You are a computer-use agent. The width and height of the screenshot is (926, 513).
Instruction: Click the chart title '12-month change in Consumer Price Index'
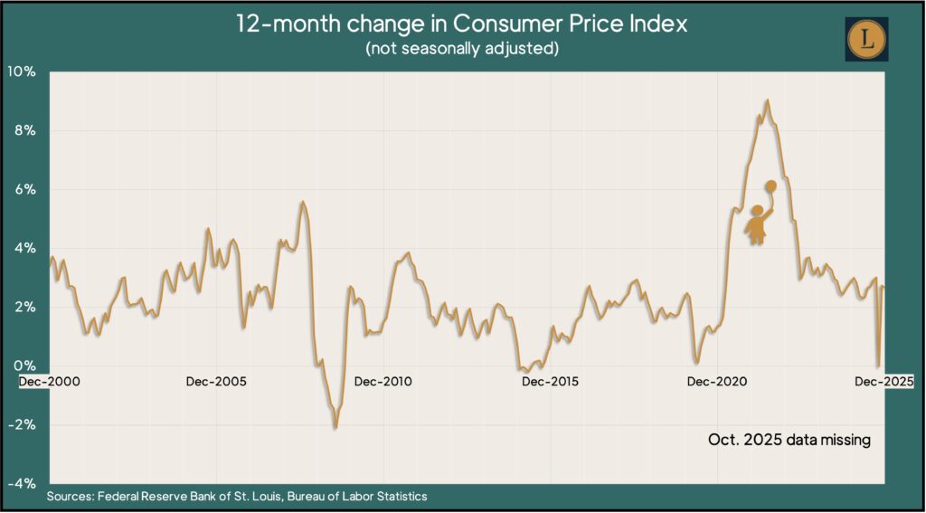point(462,24)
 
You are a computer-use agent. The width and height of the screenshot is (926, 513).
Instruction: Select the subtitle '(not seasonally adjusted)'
point(462,48)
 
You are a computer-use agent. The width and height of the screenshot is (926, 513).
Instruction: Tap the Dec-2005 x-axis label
point(216,382)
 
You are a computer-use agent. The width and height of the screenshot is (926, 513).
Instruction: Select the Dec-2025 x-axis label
point(884,382)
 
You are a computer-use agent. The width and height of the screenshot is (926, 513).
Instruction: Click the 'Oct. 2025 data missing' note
point(788,441)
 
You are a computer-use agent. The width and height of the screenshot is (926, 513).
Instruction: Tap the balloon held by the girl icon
point(770,186)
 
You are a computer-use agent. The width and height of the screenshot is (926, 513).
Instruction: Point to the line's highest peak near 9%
point(768,100)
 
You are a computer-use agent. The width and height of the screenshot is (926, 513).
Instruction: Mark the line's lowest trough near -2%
point(335,427)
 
